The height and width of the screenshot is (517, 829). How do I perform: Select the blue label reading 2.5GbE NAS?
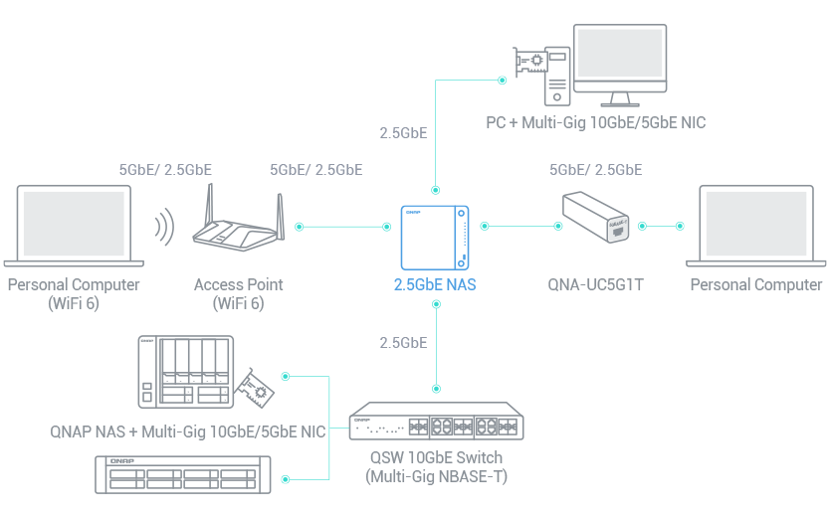[435, 285]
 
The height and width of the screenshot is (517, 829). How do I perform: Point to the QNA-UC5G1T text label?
[596, 285]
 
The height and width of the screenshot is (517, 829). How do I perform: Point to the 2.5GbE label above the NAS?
[403, 131]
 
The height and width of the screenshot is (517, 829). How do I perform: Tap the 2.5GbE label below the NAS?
[403, 343]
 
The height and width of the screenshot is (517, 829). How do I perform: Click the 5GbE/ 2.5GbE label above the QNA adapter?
[595, 170]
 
